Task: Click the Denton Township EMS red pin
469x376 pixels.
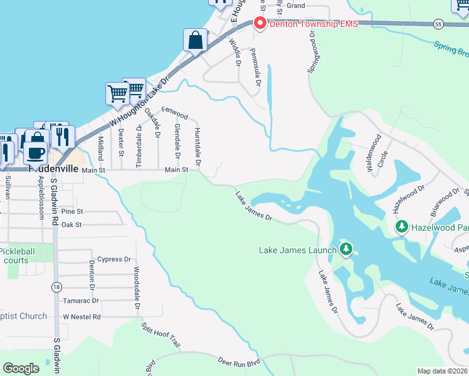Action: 260,23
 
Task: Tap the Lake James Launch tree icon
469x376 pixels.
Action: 345,250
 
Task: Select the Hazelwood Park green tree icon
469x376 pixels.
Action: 401,226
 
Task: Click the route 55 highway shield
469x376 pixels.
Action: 438,24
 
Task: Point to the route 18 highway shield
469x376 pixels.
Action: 56,286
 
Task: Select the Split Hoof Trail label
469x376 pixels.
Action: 161,336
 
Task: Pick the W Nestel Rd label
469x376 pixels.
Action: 82,317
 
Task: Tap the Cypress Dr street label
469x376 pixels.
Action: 114,259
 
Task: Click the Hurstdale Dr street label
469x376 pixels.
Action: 197,147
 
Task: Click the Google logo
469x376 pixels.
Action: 21,368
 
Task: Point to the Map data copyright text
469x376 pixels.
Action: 443,371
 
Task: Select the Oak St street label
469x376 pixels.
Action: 72,224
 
